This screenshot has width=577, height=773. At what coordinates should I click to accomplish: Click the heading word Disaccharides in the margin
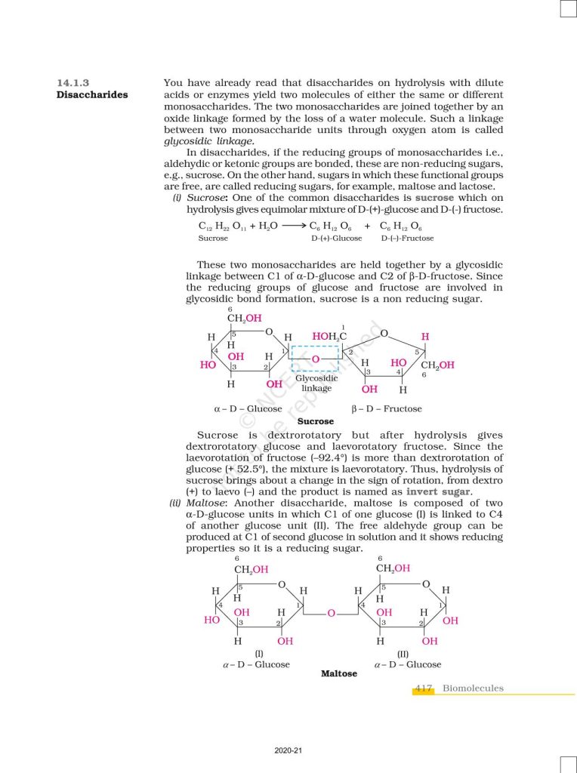point(92,95)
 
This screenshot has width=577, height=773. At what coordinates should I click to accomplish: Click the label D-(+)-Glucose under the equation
point(337,239)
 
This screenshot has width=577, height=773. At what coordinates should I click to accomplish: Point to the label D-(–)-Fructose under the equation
point(407,239)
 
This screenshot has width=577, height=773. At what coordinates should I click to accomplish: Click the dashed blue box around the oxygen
point(316,359)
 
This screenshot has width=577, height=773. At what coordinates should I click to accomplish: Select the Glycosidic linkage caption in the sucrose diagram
point(316,383)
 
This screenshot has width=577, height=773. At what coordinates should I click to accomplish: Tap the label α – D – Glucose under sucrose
point(248,409)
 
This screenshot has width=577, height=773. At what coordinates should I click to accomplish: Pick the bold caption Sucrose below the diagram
point(316,421)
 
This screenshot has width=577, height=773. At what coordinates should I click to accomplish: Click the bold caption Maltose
point(339,673)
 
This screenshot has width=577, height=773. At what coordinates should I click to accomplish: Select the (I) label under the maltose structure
point(258,653)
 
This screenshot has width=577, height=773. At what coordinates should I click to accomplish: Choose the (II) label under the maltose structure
point(403,653)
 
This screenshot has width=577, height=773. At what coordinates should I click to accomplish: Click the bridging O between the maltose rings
point(331,613)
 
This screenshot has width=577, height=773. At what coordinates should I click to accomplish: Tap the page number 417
point(423,688)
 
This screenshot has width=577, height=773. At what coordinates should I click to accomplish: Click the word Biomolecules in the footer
point(473,688)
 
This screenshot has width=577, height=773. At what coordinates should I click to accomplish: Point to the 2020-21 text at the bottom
point(288,751)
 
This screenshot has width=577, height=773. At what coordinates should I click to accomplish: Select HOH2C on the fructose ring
point(329,336)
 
